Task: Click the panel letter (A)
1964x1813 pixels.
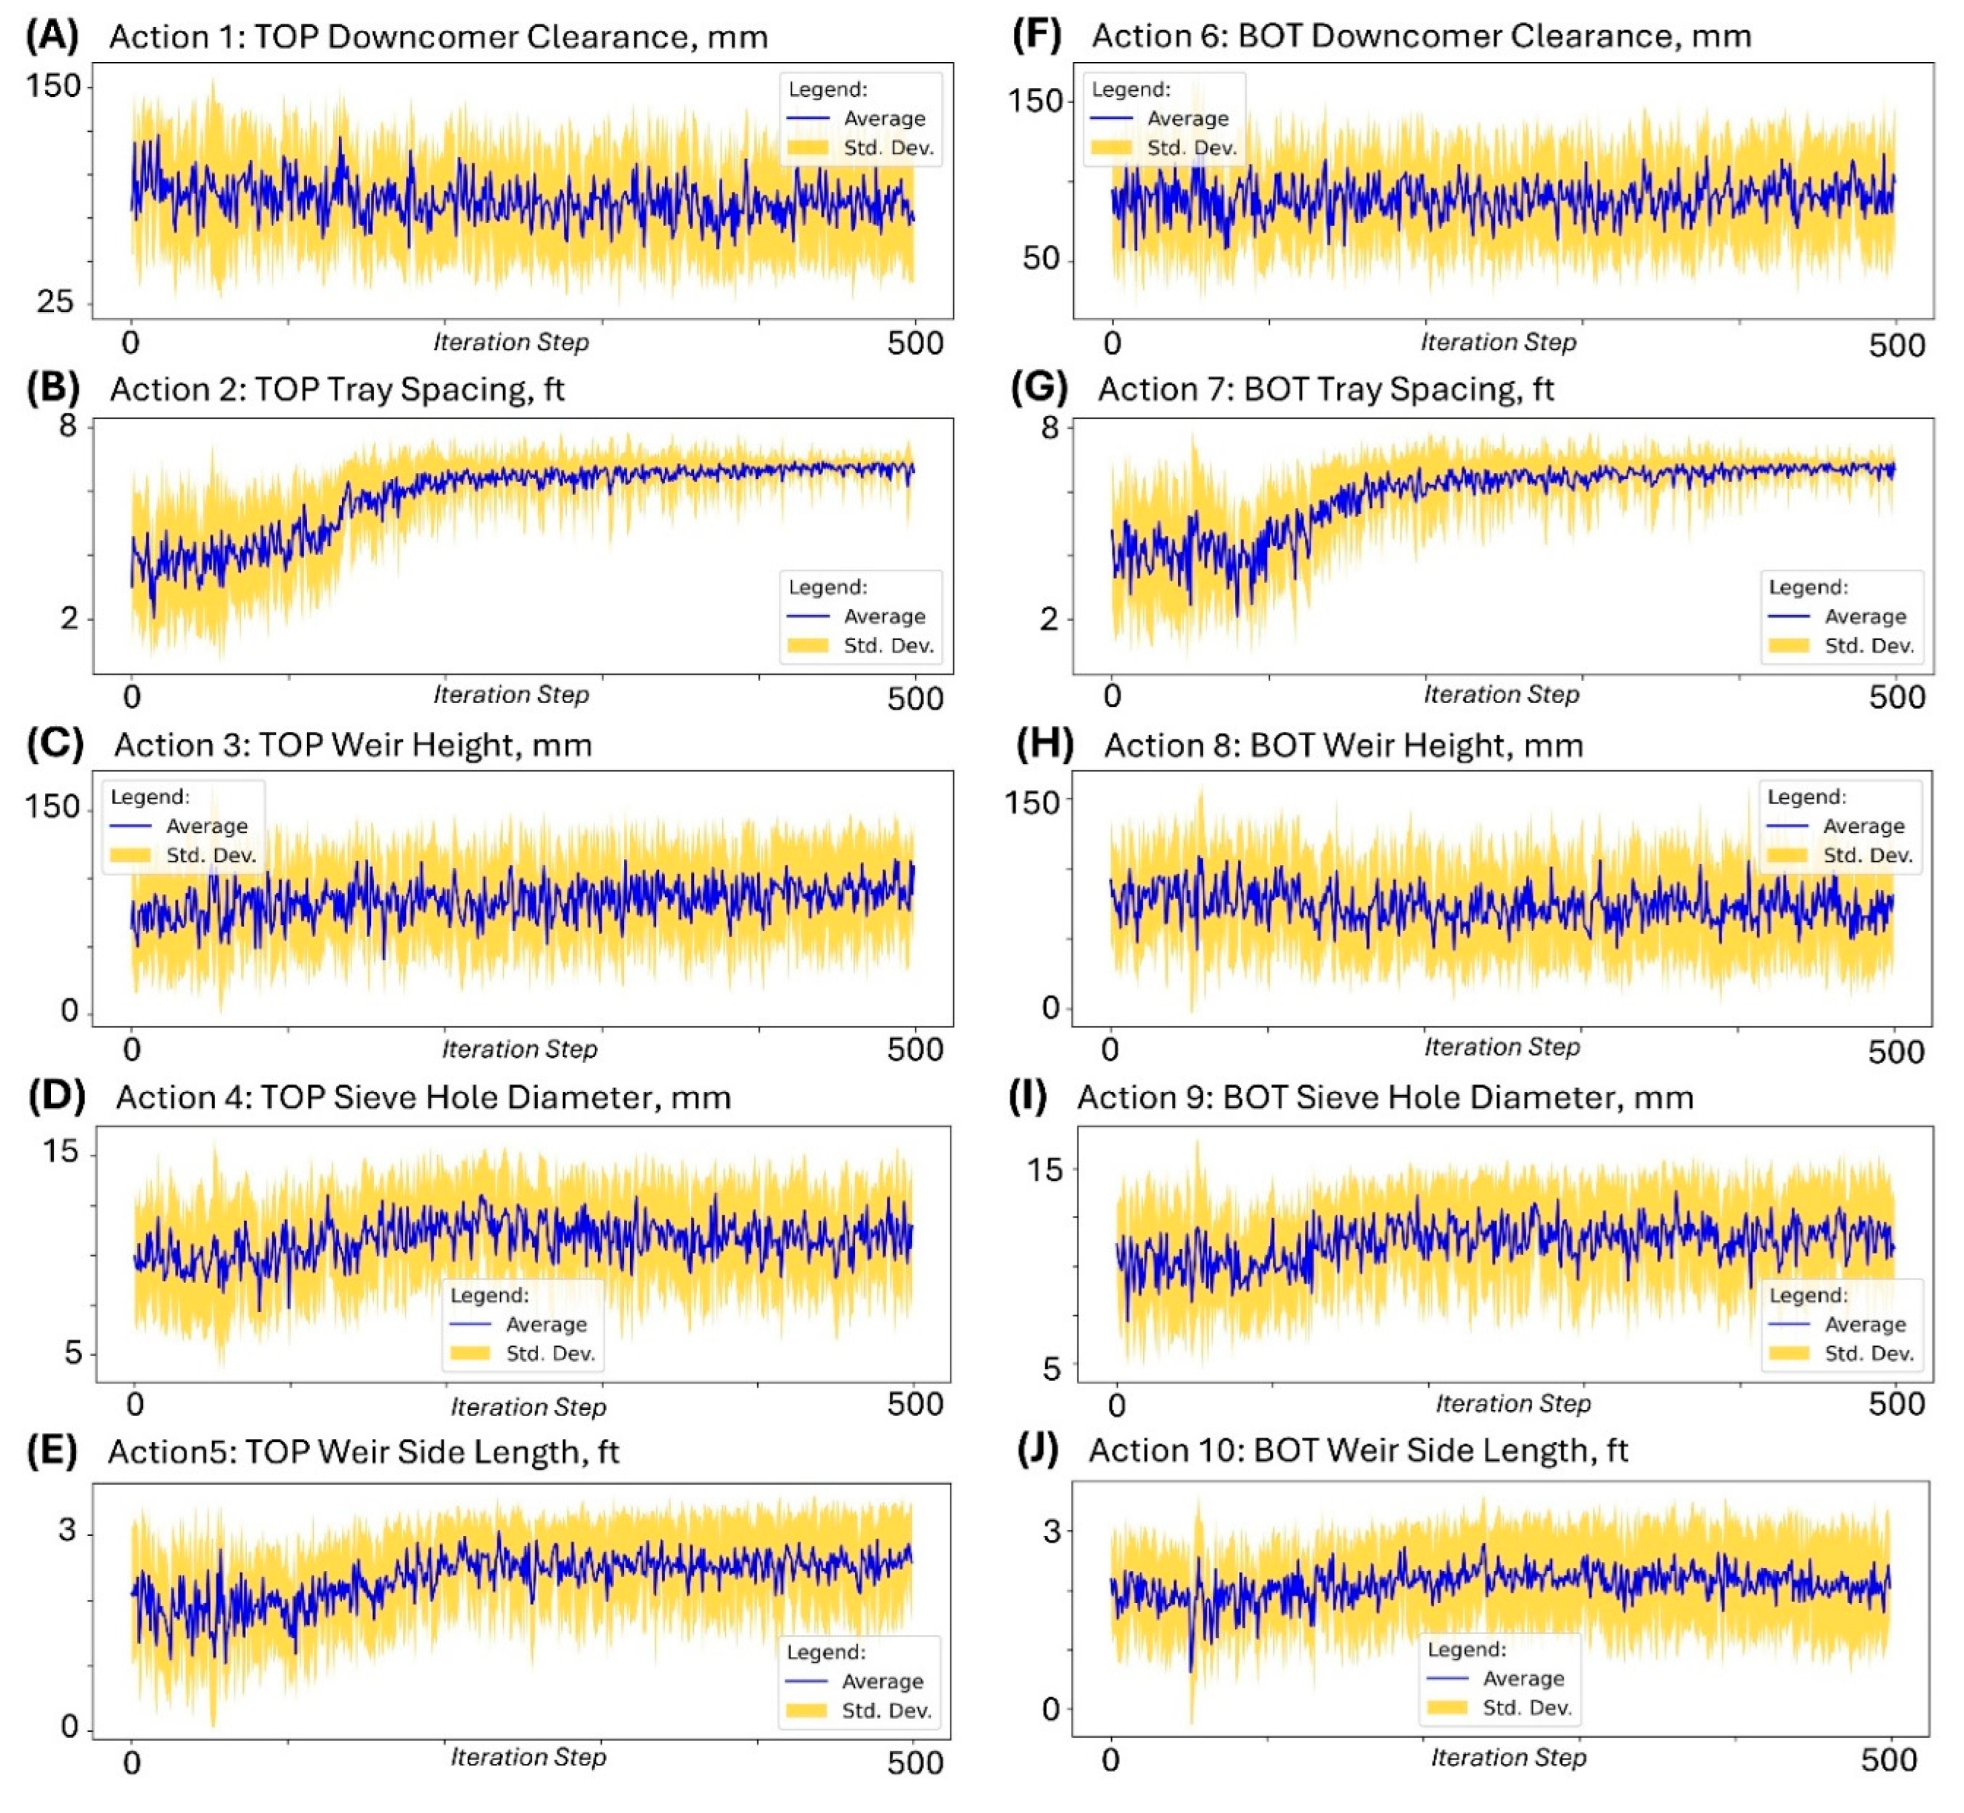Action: tap(52, 36)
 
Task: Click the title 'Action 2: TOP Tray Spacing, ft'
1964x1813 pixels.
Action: tap(337, 390)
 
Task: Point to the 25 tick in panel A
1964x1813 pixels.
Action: tap(56, 301)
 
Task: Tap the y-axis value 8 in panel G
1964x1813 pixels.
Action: tap(1050, 428)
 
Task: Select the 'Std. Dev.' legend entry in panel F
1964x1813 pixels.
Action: tap(1191, 148)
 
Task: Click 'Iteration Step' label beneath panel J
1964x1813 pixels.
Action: tap(1508, 1757)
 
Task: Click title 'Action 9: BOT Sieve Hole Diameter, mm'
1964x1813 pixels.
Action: tap(1385, 1097)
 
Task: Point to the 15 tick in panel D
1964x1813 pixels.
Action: tap(60, 1151)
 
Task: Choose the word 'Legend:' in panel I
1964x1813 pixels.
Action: tap(1808, 1295)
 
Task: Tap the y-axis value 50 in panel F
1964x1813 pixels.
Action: tap(1041, 259)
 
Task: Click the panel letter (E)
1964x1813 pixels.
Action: tap(52, 1450)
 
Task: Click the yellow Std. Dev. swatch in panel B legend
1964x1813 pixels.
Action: tap(808, 646)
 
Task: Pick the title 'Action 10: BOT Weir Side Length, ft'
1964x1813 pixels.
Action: tap(1358, 1450)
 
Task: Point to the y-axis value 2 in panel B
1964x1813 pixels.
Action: tap(69, 619)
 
